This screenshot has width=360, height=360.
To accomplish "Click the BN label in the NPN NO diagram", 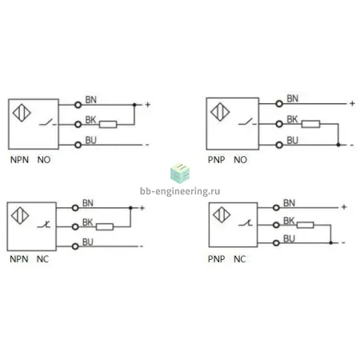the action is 90,100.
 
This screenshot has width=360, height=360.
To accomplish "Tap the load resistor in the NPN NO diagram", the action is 108,124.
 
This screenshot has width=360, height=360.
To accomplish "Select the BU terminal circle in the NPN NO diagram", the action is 78,145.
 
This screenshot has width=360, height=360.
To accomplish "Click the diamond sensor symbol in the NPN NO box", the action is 22,113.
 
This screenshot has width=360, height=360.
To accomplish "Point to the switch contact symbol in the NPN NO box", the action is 48,122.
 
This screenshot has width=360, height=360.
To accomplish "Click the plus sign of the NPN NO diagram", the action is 148,105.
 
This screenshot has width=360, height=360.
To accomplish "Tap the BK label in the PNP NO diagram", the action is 292,119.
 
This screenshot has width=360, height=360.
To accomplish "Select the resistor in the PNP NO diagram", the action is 310,124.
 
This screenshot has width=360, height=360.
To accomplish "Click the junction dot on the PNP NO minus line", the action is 338,145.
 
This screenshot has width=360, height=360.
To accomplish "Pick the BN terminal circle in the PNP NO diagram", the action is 279,103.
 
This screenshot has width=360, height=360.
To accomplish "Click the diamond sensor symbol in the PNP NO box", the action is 220,112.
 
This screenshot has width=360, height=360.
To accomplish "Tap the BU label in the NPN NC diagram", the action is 88,242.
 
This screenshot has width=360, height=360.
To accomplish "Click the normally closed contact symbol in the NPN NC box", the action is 44,225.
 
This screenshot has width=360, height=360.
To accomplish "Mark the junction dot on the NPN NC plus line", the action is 130,208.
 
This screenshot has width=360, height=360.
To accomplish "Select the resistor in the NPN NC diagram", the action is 105,227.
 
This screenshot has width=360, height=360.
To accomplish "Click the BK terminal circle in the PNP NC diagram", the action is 276,225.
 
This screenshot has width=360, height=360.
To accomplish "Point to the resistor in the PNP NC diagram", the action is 306,225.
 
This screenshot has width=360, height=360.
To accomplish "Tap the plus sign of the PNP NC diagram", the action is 344,206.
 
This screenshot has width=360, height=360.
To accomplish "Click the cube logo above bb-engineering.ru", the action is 180,174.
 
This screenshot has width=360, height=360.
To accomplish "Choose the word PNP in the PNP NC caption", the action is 217,259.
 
